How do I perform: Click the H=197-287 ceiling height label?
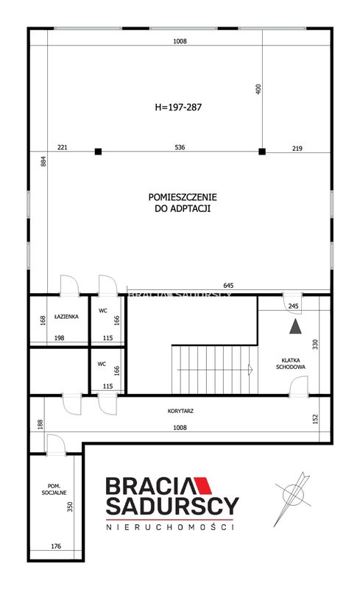pos(178,107)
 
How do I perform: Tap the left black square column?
pos(98,152)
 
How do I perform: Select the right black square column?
pos(262,152)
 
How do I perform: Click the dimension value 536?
pos(180,147)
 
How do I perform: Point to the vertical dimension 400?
pos(258,89)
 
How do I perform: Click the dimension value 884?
pos(43,161)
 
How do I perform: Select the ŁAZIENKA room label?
pos(66,317)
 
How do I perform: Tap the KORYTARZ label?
pos(180,411)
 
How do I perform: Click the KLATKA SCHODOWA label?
pos(291,364)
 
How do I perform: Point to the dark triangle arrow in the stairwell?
pos(295,326)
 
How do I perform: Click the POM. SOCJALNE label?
pos(54,489)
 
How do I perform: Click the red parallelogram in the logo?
pos(202,485)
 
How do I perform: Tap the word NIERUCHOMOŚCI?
pos(170,527)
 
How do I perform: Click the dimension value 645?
pos(228,286)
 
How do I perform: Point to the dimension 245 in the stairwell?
pos(293,306)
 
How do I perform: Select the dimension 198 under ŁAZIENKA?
pos(59,338)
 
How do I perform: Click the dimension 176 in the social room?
pos(56,546)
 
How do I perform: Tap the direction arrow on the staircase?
pos(214,370)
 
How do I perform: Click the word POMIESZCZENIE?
pos(183,197)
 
